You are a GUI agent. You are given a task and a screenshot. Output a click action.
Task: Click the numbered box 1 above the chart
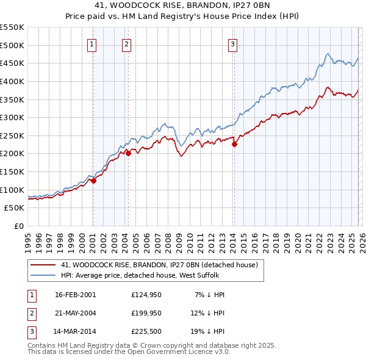pos(91,43)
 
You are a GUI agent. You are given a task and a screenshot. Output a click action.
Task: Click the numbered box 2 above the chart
pos(126,43)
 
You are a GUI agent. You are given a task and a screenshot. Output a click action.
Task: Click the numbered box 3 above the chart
pos(233,43)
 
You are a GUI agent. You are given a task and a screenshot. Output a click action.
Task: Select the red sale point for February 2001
pos(93,181)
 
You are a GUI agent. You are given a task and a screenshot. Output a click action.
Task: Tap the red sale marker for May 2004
pos(128,154)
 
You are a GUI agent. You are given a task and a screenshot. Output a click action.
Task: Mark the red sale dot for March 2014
pos(234,145)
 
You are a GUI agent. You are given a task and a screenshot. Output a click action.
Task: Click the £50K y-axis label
pos(15,208)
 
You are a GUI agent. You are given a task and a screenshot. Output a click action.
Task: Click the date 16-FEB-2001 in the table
pos(75,295)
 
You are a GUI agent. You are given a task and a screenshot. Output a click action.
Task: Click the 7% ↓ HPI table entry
pos(209,295)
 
